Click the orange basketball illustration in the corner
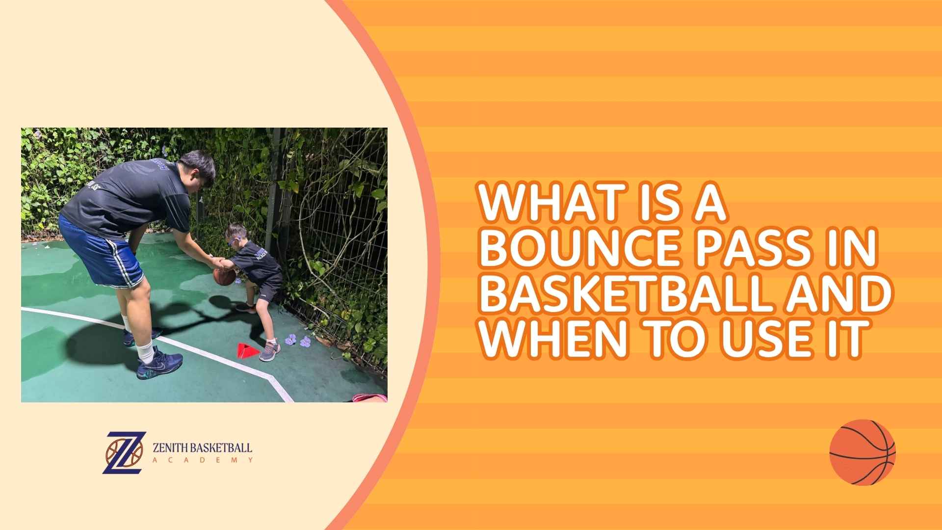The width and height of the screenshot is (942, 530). click(x=862, y=452)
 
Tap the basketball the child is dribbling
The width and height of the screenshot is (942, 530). click(x=224, y=276)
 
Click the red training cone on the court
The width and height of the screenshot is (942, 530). click(x=248, y=349)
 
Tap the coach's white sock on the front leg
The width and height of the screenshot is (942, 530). click(x=146, y=351)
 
